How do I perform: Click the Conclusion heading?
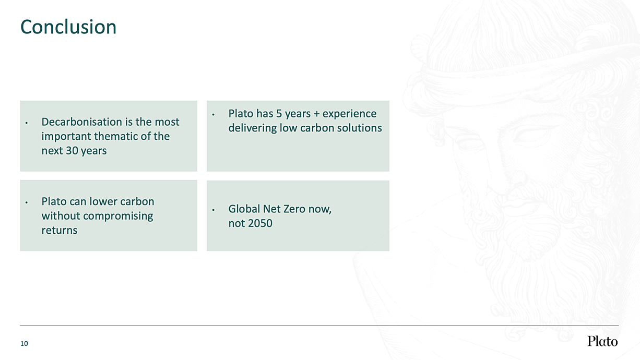point(68,27)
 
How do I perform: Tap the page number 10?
point(24,343)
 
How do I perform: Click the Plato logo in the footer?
point(602,341)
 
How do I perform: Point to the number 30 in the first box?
point(72,151)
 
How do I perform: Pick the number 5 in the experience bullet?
point(279,114)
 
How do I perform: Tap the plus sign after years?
point(316,114)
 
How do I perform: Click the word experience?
point(349,114)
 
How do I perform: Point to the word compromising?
point(118,216)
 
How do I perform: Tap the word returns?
point(60,231)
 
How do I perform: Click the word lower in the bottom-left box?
point(102,201)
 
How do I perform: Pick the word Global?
point(244,209)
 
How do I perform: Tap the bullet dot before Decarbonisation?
point(27,123)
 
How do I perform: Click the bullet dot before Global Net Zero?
point(213,210)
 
